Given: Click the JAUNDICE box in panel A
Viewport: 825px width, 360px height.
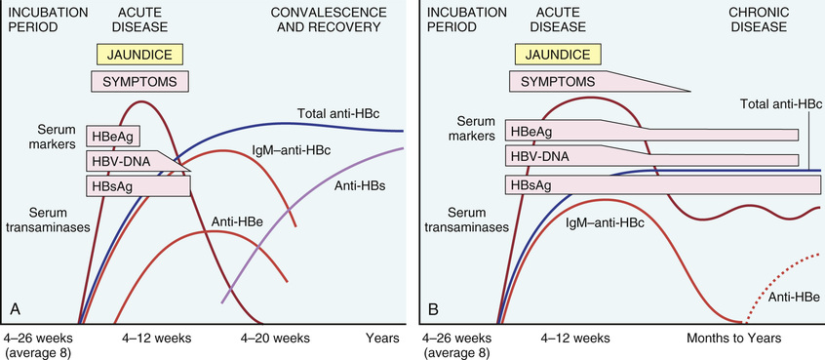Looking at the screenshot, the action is [x=139, y=55].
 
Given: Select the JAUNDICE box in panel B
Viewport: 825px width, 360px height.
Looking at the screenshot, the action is [x=557, y=55].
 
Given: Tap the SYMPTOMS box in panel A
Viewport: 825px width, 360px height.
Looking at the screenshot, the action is [x=140, y=82].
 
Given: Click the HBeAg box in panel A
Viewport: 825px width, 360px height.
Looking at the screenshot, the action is [x=114, y=137].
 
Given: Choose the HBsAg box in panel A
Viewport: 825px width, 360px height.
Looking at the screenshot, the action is [x=137, y=186].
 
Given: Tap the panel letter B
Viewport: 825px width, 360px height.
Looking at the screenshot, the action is [x=434, y=308].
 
